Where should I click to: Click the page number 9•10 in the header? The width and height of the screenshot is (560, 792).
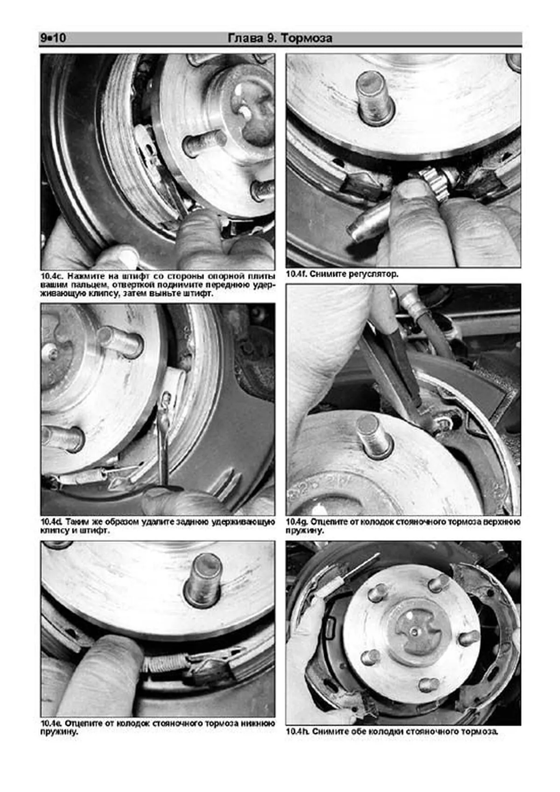pyautogui.click(x=53, y=38)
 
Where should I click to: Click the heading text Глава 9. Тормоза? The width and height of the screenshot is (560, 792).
pyautogui.click(x=280, y=38)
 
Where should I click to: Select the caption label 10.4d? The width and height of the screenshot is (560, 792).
pyautogui.click(x=52, y=522)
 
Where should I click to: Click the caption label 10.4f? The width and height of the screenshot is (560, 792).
pyautogui.click(x=296, y=274)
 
